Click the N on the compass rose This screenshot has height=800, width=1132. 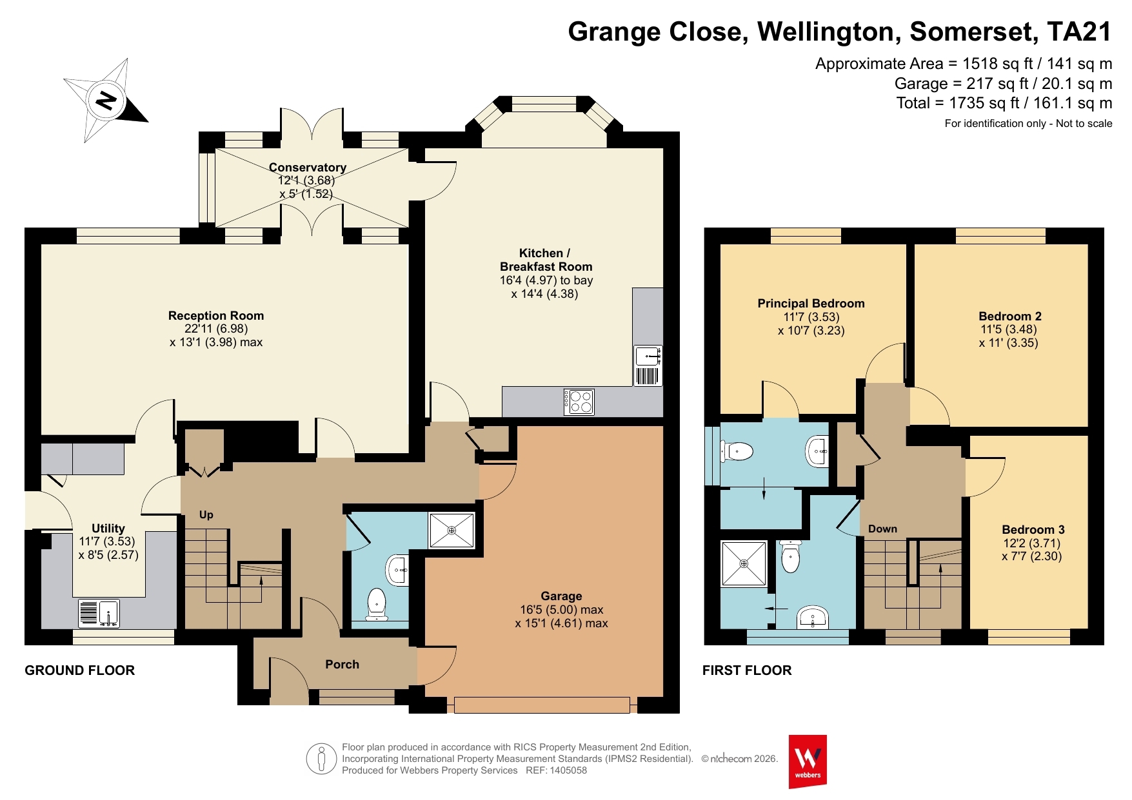click(106, 101)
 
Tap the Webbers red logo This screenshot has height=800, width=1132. click(808, 761)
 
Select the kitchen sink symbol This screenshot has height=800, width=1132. click(648, 366)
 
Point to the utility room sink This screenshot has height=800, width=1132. click(99, 613)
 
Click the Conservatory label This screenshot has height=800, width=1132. click(308, 168)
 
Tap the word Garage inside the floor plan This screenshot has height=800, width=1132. click(561, 596)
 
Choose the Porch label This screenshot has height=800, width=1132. click(342, 664)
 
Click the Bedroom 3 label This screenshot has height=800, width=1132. click(1033, 529)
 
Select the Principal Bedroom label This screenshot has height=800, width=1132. click(811, 303)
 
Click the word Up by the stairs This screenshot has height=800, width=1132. click(206, 514)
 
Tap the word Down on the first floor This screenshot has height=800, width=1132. click(882, 529)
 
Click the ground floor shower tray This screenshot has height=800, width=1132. click(452, 531)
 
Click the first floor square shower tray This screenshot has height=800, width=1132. click(744, 563)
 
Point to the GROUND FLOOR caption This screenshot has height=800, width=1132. click(80, 670)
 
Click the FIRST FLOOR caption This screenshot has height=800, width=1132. click(747, 670)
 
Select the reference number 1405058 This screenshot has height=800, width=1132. click(568, 770)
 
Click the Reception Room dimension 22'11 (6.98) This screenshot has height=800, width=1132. click(216, 329)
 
